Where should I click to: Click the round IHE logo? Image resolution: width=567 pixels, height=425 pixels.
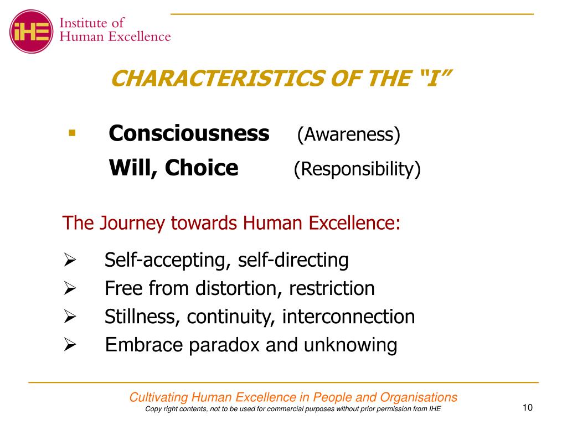[32, 30]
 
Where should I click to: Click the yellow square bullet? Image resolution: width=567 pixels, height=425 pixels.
[71, 133]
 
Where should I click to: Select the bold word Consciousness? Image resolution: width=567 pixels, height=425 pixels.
[189, 134]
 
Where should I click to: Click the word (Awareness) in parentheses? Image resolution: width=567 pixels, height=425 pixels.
[348, 135]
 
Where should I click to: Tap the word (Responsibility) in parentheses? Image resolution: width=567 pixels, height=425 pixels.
[357, 169]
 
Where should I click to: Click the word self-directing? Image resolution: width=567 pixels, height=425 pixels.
[293, 260]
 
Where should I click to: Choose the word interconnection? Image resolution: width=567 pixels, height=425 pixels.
[349, 317]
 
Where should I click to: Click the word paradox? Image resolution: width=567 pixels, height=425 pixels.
[224, 345]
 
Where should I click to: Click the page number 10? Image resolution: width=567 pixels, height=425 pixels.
[527, 408]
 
